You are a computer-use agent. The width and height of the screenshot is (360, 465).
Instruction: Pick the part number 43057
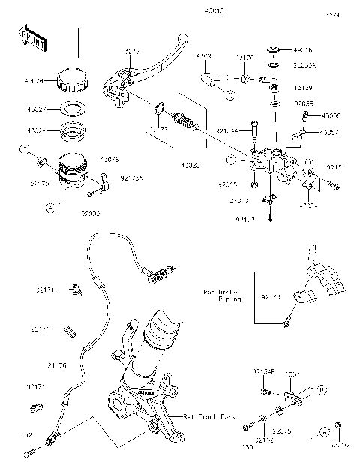[x=330, y=132]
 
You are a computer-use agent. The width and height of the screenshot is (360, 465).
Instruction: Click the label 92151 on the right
[x=335, y=169]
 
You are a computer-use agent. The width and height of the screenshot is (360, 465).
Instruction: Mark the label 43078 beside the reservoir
[x=88, y=160]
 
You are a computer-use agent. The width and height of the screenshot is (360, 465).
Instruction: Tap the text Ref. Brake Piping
[x=222, y=295]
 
